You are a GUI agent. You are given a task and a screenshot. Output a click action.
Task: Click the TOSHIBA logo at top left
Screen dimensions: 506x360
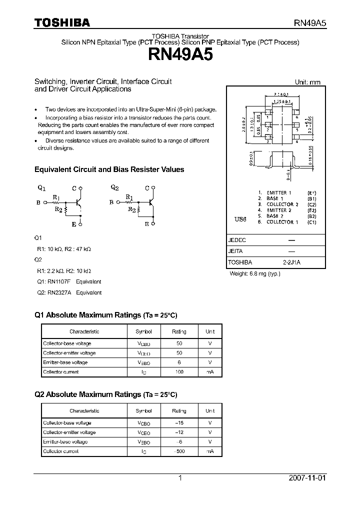(62, 22)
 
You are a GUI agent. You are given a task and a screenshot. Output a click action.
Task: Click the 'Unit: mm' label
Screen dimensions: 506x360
(307, 82)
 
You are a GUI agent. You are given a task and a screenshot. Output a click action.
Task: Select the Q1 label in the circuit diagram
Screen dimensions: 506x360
(41, 188)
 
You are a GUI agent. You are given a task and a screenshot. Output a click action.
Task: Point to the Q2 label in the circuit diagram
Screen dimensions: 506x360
(114, 188)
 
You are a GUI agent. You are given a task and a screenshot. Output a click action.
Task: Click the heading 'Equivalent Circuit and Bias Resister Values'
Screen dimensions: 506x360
(109, 169)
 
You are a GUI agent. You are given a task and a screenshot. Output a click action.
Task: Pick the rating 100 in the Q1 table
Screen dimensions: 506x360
(179, 372)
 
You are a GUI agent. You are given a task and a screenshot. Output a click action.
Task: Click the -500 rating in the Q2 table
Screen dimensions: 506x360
(178, 451)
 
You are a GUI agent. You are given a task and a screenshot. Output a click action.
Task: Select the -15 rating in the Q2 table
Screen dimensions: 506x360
(178, 423)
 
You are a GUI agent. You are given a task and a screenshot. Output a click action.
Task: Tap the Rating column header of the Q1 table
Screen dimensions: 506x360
(179, 331)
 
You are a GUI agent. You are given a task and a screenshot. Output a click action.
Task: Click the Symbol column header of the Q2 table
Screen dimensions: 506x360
(143, 411)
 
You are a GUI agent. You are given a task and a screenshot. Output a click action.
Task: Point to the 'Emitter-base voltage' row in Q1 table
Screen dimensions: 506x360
(65, 362)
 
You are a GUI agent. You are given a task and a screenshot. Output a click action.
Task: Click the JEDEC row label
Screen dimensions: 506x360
(237, 240)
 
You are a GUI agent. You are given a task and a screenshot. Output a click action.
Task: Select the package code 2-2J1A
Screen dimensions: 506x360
(291, 262)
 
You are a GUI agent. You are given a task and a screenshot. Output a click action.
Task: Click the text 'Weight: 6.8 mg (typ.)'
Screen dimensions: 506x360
(255, 274)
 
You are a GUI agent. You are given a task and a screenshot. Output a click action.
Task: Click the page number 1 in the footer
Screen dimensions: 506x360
(180, 478)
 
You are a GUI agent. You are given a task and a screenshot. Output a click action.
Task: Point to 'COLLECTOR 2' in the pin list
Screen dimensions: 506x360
(282, 204)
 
